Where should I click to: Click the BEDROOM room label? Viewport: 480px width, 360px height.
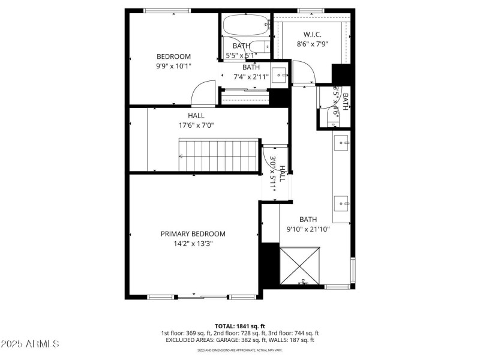tap(173, 56)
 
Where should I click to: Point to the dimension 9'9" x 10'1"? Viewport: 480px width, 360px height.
tap(173, 66)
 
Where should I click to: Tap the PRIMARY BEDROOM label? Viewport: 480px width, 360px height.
tap(193, 234)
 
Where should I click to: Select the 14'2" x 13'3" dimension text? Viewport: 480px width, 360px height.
tap(193, 244)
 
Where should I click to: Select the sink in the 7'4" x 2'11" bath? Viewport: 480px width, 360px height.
tap(278, 75)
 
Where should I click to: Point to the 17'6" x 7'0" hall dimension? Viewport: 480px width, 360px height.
tap(196, 125)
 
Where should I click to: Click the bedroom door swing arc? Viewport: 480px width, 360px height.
tap(201, 94)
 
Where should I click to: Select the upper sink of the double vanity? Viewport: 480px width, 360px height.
tap(341, 143)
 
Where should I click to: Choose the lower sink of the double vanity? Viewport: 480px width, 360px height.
tap(341, 203)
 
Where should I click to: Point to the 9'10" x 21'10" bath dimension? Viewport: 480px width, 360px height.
tap(308, 229)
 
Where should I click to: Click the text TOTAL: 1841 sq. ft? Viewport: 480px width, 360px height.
tap(240, 326)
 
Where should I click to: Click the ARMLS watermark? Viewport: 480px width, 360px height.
tap(31, 344)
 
